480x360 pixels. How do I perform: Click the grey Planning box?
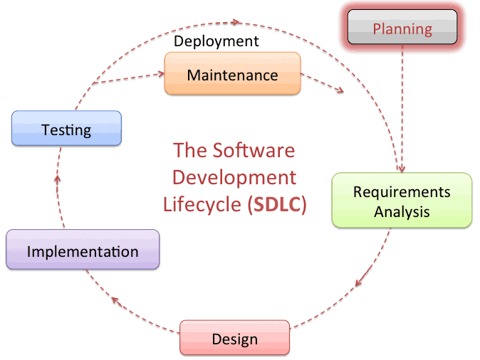[x=402, y=27]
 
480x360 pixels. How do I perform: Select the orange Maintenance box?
[x=233, y=73]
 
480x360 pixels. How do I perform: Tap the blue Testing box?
[x=66, y=128]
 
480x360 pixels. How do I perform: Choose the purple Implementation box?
[x=83, y=249]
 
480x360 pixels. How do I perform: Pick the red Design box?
[x=234, y=338]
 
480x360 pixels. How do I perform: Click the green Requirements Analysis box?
[x=402, y=201]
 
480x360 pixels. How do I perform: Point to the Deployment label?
[x=216, y=41]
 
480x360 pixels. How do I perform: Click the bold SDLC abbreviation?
[x=277, y=204]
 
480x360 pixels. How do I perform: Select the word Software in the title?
[x=254, y=150]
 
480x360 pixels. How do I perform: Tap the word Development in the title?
[x=234, y=178]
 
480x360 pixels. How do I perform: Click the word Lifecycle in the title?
[x=202, y=205]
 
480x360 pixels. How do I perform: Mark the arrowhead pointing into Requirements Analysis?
[x=401, y=169]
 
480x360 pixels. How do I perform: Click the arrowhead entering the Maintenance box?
[x=161, y=74]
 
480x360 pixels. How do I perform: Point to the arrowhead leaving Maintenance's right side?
[x=340, y=90]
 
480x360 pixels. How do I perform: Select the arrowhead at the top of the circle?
[x=236, y=22]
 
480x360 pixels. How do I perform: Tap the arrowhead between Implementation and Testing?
[x=57, y=179]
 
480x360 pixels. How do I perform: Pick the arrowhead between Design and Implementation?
[x=115, y=300]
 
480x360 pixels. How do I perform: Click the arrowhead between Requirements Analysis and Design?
[x=359, y=282]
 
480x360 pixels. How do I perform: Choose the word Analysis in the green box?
[x=402, y=212]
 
